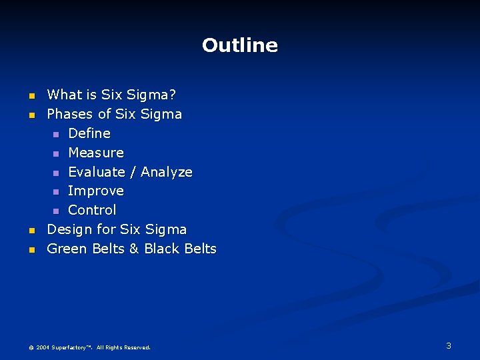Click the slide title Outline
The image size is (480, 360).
tap(239, 45)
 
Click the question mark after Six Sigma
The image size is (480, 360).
tap(173, 95)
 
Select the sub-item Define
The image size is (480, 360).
tap(89, 133)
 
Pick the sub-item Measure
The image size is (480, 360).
tap(96, 153)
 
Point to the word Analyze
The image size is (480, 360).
tap(167, 172)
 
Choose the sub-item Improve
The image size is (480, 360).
tap(96, 191)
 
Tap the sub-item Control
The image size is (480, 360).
tap(92, 210)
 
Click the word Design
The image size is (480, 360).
tap(69, 229)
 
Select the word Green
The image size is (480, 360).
tap(67, 249)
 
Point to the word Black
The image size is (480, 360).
tap(161, 249)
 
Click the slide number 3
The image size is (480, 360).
tap(449, 345)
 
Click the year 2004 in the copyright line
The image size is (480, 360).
tap(43, 347)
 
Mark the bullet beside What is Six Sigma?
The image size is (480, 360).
tap(32, 96)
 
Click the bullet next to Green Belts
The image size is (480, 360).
tap(32, 249)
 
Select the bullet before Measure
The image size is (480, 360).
tap(57, 153)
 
